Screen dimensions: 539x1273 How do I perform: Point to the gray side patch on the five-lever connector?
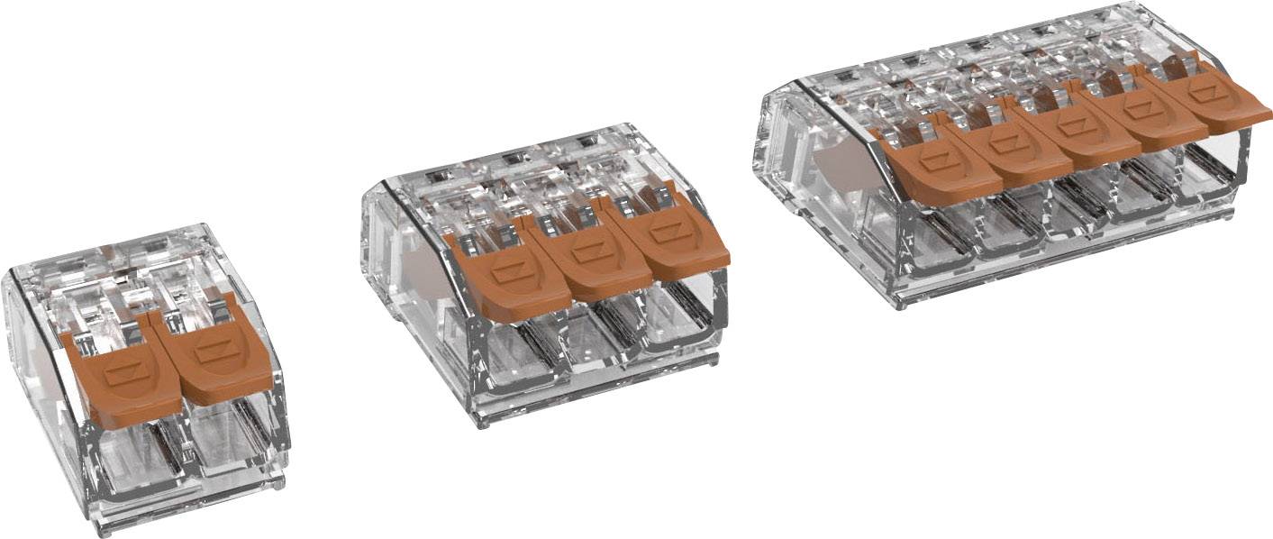[x=833, y=167]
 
